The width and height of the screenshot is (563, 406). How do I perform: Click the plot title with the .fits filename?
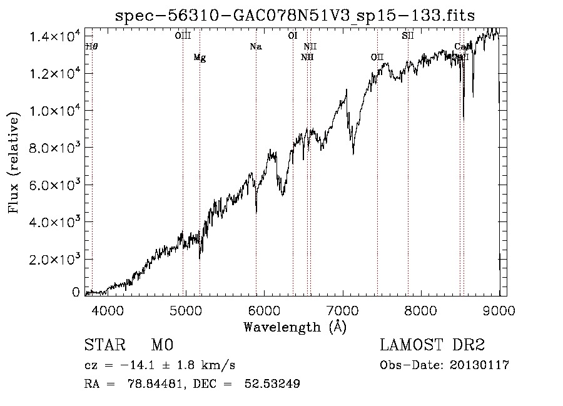[295, 15]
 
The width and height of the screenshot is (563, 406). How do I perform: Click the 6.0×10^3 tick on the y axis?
[55, 185]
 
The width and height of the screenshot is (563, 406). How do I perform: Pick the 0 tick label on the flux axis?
[76, 292]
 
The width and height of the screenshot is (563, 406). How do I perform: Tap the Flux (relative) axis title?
[14, 161]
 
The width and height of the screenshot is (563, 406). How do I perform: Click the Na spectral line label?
[255, 47]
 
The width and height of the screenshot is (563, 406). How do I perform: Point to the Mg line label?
[200, 58]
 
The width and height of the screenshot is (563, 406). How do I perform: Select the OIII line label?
[183, 36]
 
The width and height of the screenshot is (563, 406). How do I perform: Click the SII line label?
[408, 36]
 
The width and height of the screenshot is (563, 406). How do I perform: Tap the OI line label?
[292, 36]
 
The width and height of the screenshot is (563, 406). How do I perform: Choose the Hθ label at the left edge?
[91, 47]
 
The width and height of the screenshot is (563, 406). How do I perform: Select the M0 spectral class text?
[161, 345]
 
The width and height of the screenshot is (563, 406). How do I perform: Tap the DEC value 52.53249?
[276, 384]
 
